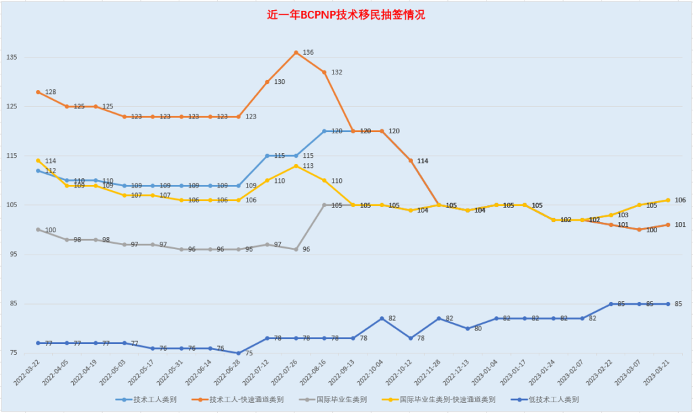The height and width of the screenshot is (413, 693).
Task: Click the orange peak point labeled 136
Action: (x=296, y=52)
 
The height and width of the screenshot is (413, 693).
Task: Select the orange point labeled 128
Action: (x=39, y=92)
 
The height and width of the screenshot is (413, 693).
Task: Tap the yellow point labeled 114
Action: (x=39, y=160)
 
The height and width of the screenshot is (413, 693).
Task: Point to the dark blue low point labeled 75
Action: (x=239, y=353)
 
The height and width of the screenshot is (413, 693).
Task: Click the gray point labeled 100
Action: (x=39, y=230)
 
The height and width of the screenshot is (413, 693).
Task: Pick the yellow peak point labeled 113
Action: (x=296, y=166)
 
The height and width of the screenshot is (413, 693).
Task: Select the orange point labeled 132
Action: (x=325, y=72)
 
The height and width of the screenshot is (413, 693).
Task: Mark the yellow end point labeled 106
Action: (x=669, y=200)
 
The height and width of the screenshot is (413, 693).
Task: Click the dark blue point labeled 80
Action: (x=468, y=328)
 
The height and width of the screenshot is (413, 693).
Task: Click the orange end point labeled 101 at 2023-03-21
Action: (x=669, y=225)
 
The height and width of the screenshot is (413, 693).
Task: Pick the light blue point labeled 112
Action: (x=39, y=171)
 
